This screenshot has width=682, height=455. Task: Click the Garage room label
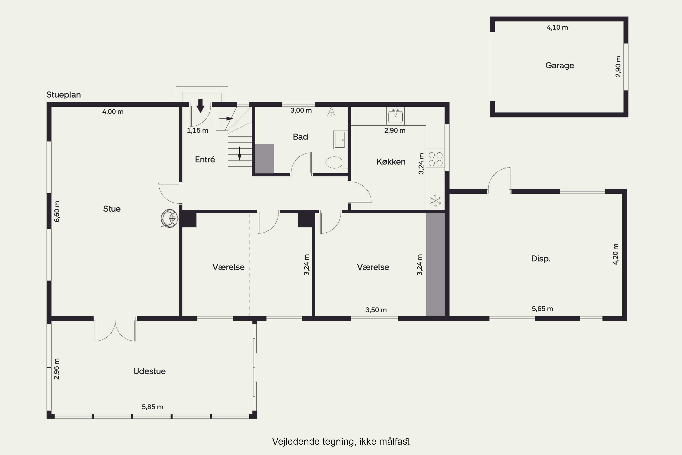click(x=559, y=66)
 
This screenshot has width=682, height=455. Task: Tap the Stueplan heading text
click(x=63, y=95)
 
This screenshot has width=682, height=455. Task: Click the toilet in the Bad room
click(x=336, y=162)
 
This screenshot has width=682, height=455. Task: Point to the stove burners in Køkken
click(x=436, y=159)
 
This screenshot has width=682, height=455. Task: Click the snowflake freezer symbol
click(x=436, y=200)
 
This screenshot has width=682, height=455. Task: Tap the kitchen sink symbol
click(x=396, y=116)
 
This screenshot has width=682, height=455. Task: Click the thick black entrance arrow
click(x=200, y=106)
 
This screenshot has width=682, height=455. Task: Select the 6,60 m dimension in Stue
click(x=57, y=212)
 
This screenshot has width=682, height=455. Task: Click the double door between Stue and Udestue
click(x=115, y=331)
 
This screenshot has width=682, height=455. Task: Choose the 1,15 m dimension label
click(x=198, y=131)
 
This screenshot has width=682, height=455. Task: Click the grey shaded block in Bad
click(x=264, y=159)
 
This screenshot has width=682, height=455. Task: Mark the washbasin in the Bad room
click(x=340, y=140)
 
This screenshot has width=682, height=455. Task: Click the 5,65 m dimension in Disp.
click(x=542, y=309)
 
